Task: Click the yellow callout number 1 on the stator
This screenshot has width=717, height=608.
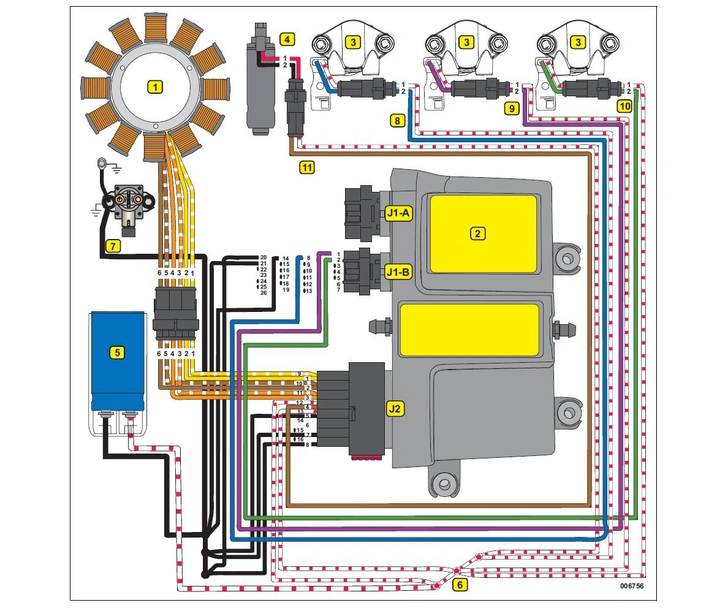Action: (x=156, y=87)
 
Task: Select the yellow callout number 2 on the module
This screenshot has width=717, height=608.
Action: (x=477, y=233)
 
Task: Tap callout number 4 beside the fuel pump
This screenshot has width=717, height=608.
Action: (x=286, y=40)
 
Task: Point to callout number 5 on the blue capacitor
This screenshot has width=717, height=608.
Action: (x=117, y=352)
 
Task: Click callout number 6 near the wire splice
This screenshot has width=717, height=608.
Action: (x=460, y=585)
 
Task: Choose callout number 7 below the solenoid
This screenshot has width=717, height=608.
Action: (x=112, y=246)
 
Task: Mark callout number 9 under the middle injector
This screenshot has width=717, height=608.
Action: (x=510, y=108)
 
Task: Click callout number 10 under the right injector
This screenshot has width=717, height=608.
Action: (x=623, y=106)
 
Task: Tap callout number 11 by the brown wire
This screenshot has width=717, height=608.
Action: (x=307, y=166)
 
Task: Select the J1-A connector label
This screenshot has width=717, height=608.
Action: (x=399, y=213)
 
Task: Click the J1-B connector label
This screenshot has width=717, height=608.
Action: (x=399, y=270)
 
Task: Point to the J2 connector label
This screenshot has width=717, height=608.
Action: (x=395, y=409)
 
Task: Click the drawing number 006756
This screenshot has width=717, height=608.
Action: (x=631, y=586)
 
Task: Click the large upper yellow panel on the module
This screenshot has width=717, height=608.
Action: (x=483, y=234)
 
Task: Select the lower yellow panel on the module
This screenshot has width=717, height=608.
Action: (x=469, y=330)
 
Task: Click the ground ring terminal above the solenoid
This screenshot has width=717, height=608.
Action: (x=101, y=162)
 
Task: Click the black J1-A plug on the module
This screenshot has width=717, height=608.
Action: (x=362, y=213)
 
